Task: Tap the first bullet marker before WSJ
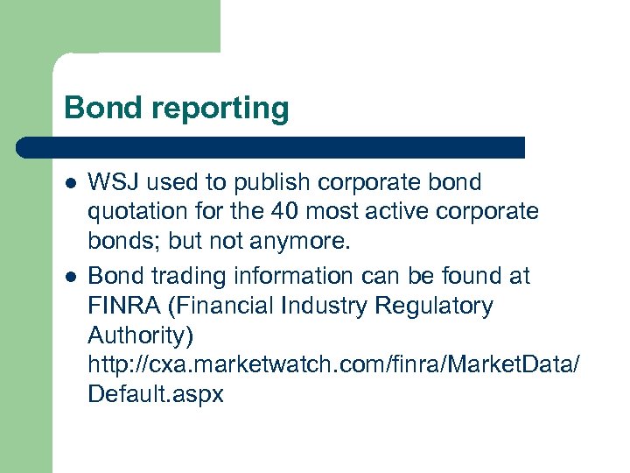point(70,183)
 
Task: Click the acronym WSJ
point(113,182)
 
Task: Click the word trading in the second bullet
point(177,277)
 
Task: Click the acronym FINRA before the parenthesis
point(118,306)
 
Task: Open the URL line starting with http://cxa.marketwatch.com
point(332,364)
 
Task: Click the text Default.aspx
point(156,394)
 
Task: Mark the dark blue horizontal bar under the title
point(271,146)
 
